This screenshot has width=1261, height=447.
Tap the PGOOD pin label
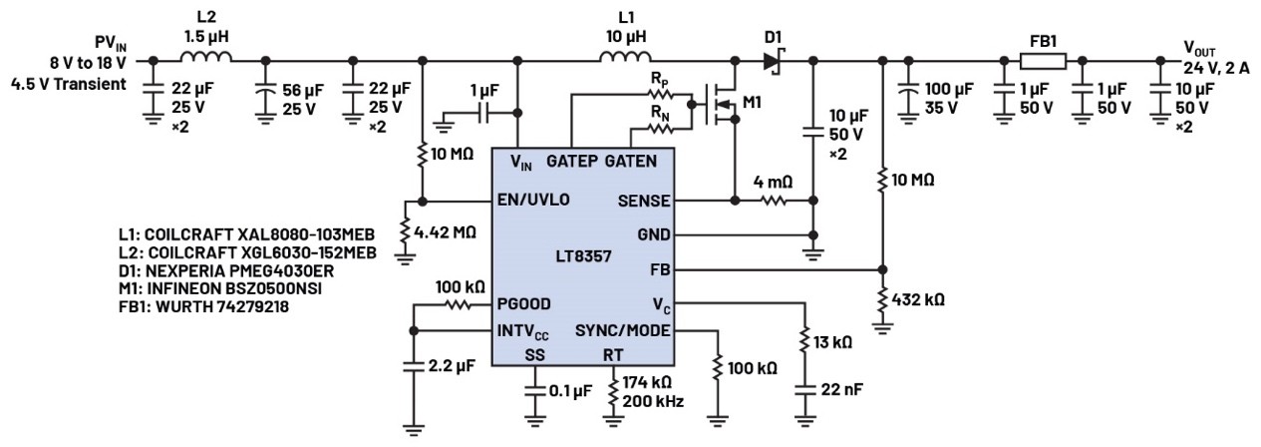[x=522, y=302]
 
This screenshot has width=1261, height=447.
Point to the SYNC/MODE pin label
[x=624, y=330]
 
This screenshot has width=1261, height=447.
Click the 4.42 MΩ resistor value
[x=445, y=231]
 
